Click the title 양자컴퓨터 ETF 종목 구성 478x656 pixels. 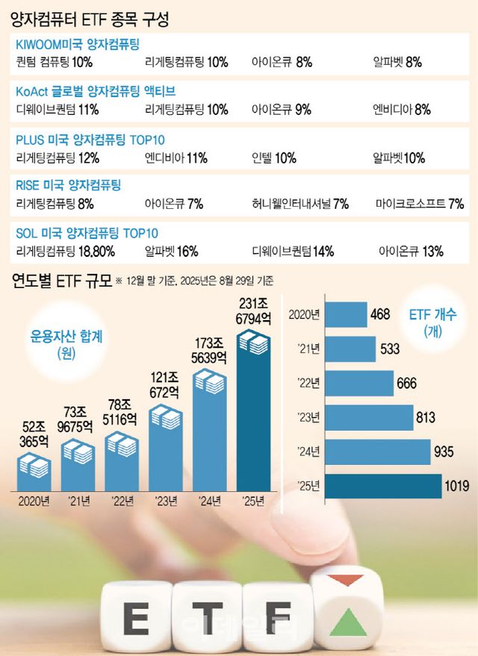coord(90,19)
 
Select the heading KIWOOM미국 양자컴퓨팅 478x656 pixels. coord(78,45)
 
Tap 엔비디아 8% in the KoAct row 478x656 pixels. coord(402,110)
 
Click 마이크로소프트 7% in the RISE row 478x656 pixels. coord(420,203)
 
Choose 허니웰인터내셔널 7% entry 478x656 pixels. coord(300,203)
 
